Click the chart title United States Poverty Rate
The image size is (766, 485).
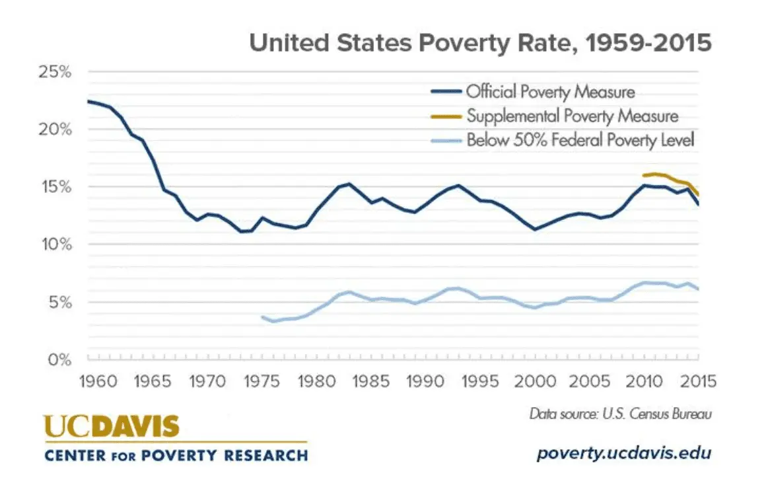click(480, 44)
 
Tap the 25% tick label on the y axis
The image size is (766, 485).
click(53, 71)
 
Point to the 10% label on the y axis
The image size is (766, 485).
click(53, 244)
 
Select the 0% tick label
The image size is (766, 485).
click(59, 360)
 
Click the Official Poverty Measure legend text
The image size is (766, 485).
click(550, 92)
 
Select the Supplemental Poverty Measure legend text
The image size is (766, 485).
click(572, 116)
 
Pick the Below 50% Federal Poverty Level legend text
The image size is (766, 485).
click(580, 140)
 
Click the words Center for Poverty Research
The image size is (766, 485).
click(176, 455)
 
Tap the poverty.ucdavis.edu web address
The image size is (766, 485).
click(624, 454)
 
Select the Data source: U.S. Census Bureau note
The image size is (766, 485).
click(621, 414)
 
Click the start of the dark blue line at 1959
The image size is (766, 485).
click(88, 101)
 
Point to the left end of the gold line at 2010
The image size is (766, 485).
click(644, 175)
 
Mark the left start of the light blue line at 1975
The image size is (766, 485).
click(263, 317)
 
